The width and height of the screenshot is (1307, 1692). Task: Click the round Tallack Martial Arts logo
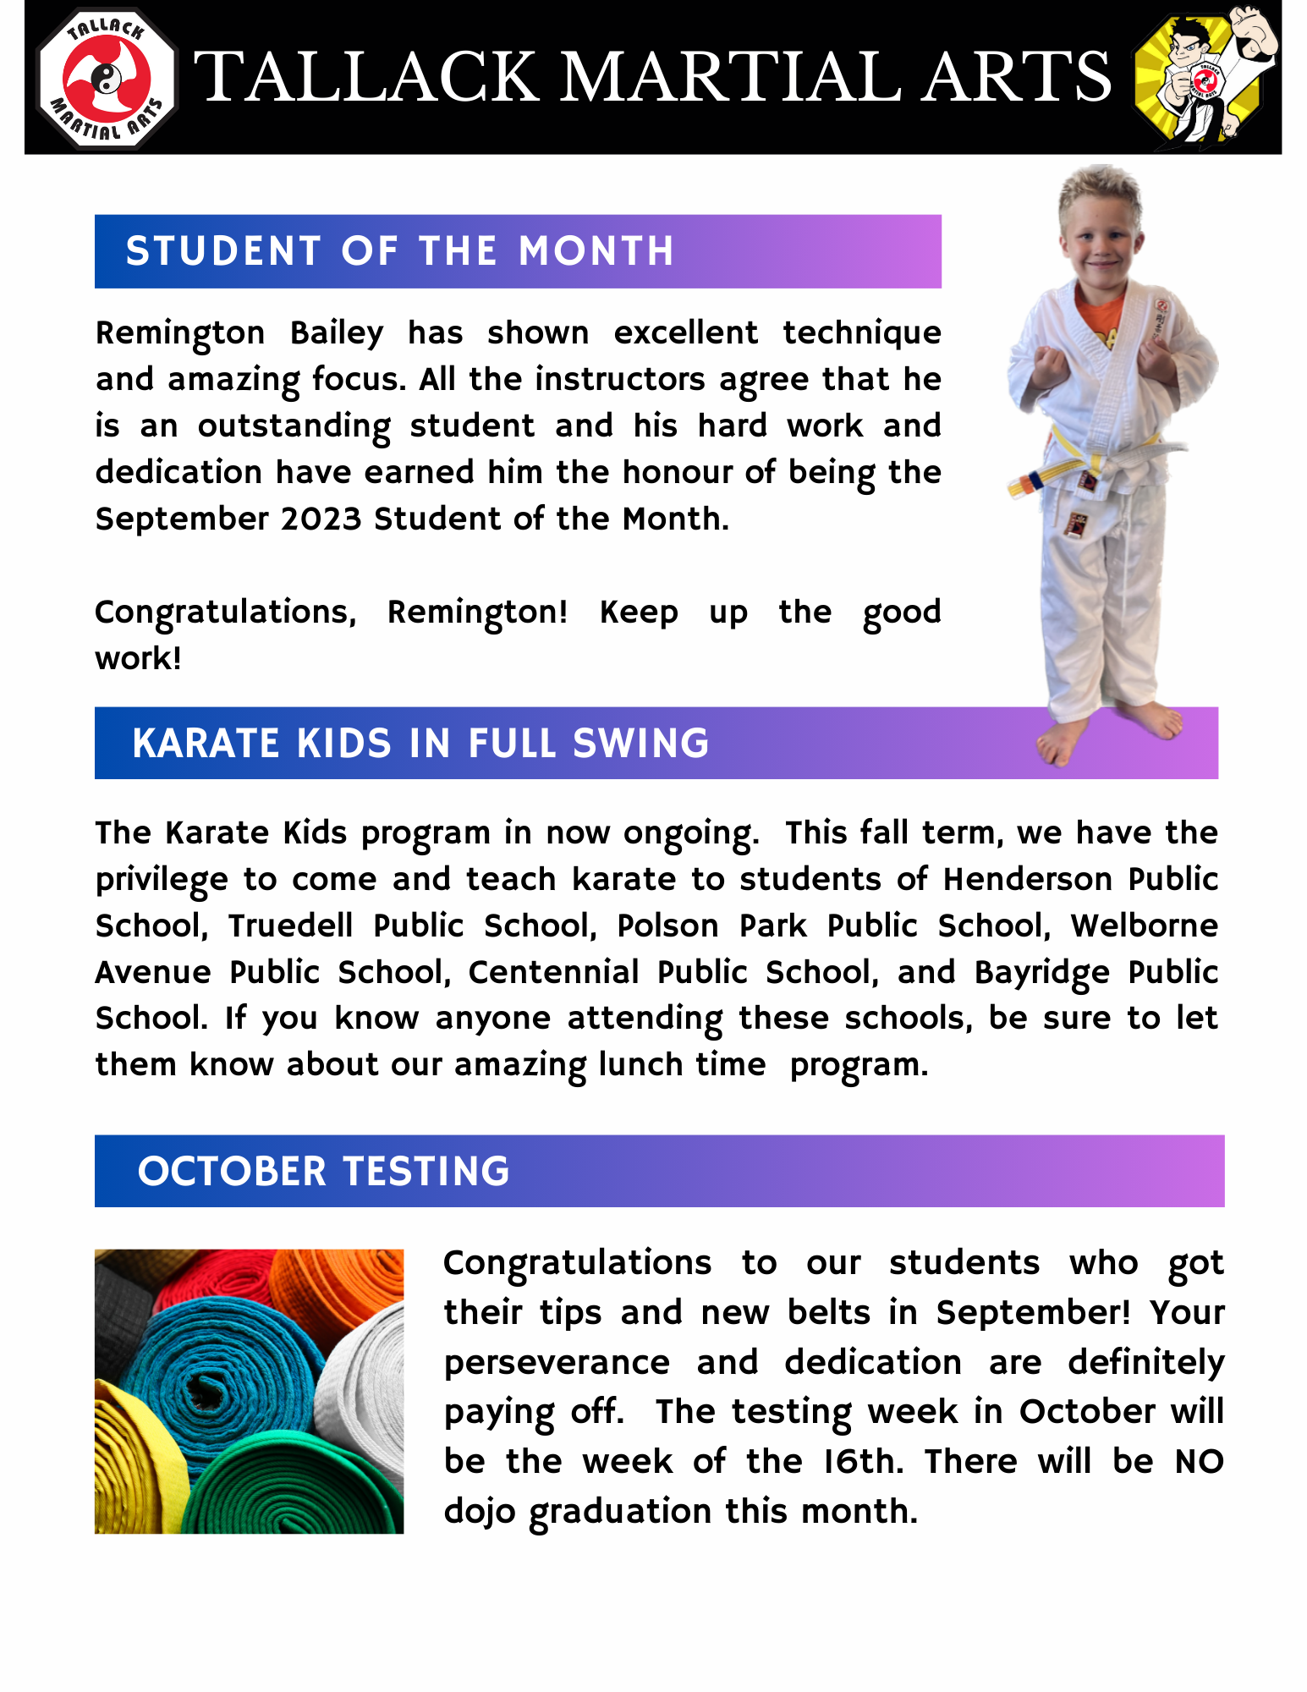[x=107, y=78]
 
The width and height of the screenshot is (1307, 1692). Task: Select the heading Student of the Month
[x=400, y=251]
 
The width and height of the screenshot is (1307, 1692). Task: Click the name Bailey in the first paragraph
[x=337, y=333]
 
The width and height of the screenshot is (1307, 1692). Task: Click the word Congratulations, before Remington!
[x=225, y=613]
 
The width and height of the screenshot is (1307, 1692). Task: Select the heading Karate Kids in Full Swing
[x=420, y=744]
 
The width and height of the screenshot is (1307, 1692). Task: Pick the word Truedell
[x=290, y=926]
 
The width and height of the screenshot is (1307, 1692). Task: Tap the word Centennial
[x=553, y=973]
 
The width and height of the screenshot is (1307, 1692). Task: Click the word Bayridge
[x=1041, y=973]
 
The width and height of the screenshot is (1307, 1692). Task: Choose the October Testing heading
[x=324, y=1172]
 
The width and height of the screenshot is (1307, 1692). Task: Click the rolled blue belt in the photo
[x=216, y=1371]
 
